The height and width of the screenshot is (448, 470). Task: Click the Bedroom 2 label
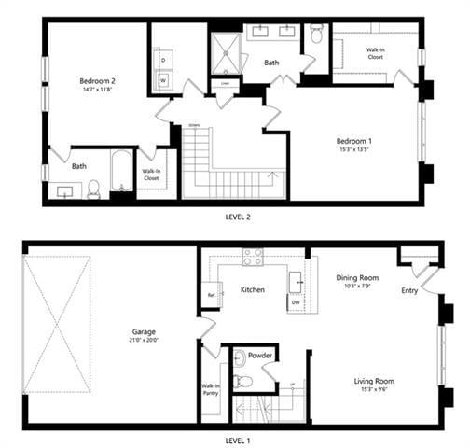tap(94, 81)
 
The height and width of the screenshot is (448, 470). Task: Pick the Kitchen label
tap(252, 290)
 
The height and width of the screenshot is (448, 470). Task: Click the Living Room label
tap(373, 381)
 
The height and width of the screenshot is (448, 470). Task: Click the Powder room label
tap(261, 356)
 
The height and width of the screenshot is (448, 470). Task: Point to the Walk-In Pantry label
tap(210, 389)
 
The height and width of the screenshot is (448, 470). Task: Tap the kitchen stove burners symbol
tap(252, 256)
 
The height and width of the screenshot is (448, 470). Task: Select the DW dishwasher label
tap(296, 302)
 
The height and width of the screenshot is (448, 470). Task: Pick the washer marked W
tap(163, 80)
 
